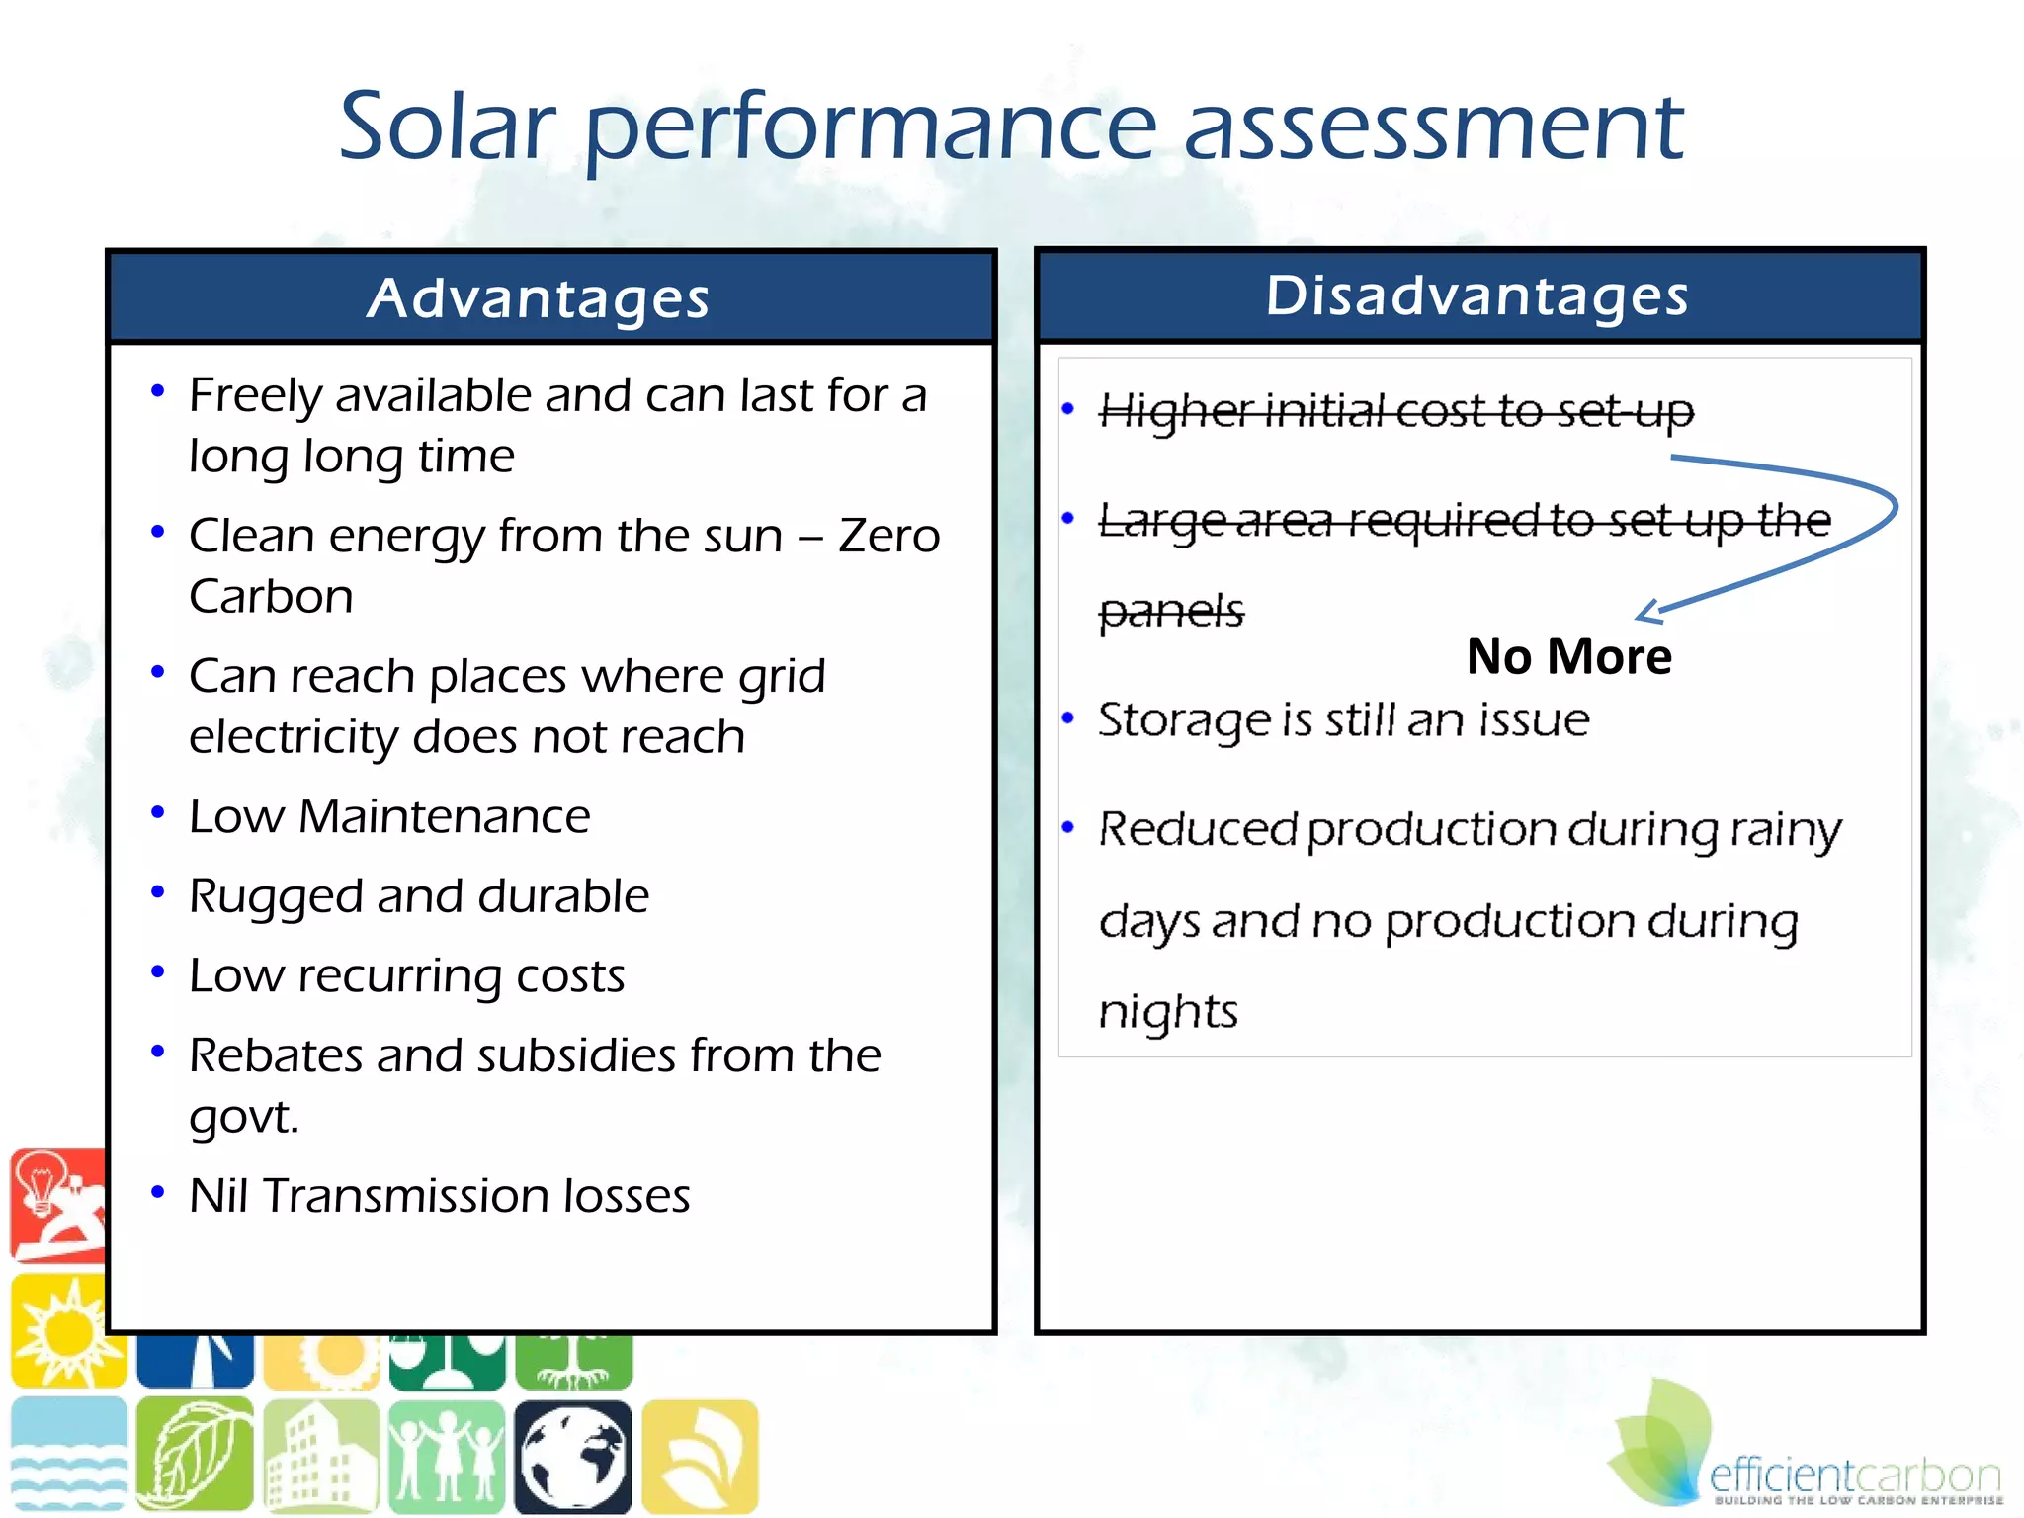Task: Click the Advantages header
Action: (539, 298)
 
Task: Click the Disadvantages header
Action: (1477, 295)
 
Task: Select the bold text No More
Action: (1568, 657)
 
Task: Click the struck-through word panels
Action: (1171, 611)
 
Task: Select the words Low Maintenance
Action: (389, 816)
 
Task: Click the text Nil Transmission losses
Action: (439, 1196)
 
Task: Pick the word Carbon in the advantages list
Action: (271, 596)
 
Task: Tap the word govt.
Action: (243, 1117)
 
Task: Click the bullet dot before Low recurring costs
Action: (157, 972)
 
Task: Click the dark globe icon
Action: (572, 1457)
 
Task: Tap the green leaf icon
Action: (194, 1456)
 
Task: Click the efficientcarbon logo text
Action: (1854, 1476)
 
